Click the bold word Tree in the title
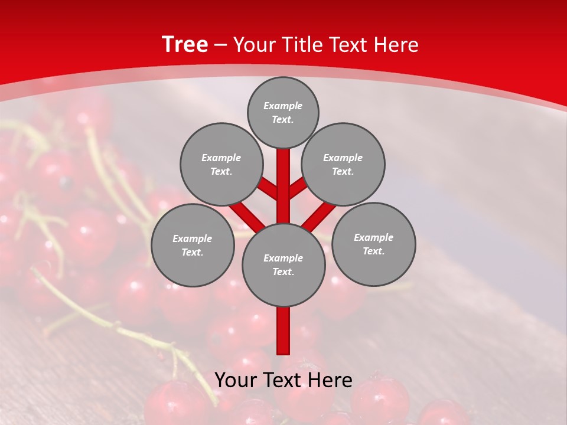pos(185,45)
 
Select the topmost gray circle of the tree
pos(283,112)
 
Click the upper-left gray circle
pos(221,164)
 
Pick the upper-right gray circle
pos(343,164)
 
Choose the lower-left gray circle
pos(193,245)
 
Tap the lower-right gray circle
pos(374,244)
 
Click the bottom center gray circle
pos(283,264)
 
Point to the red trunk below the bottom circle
pos(283,331)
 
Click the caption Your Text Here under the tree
pos(283,380)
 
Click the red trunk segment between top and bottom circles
pos(283,186)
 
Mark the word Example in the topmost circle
pos(283,106)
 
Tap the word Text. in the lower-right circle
pos(374,251)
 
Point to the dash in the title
pos(220,45)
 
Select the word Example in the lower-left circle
pos(193,238)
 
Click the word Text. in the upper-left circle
pos(221,171)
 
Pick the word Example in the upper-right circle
pos(343,158)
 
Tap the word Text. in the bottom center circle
pos(283,272)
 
